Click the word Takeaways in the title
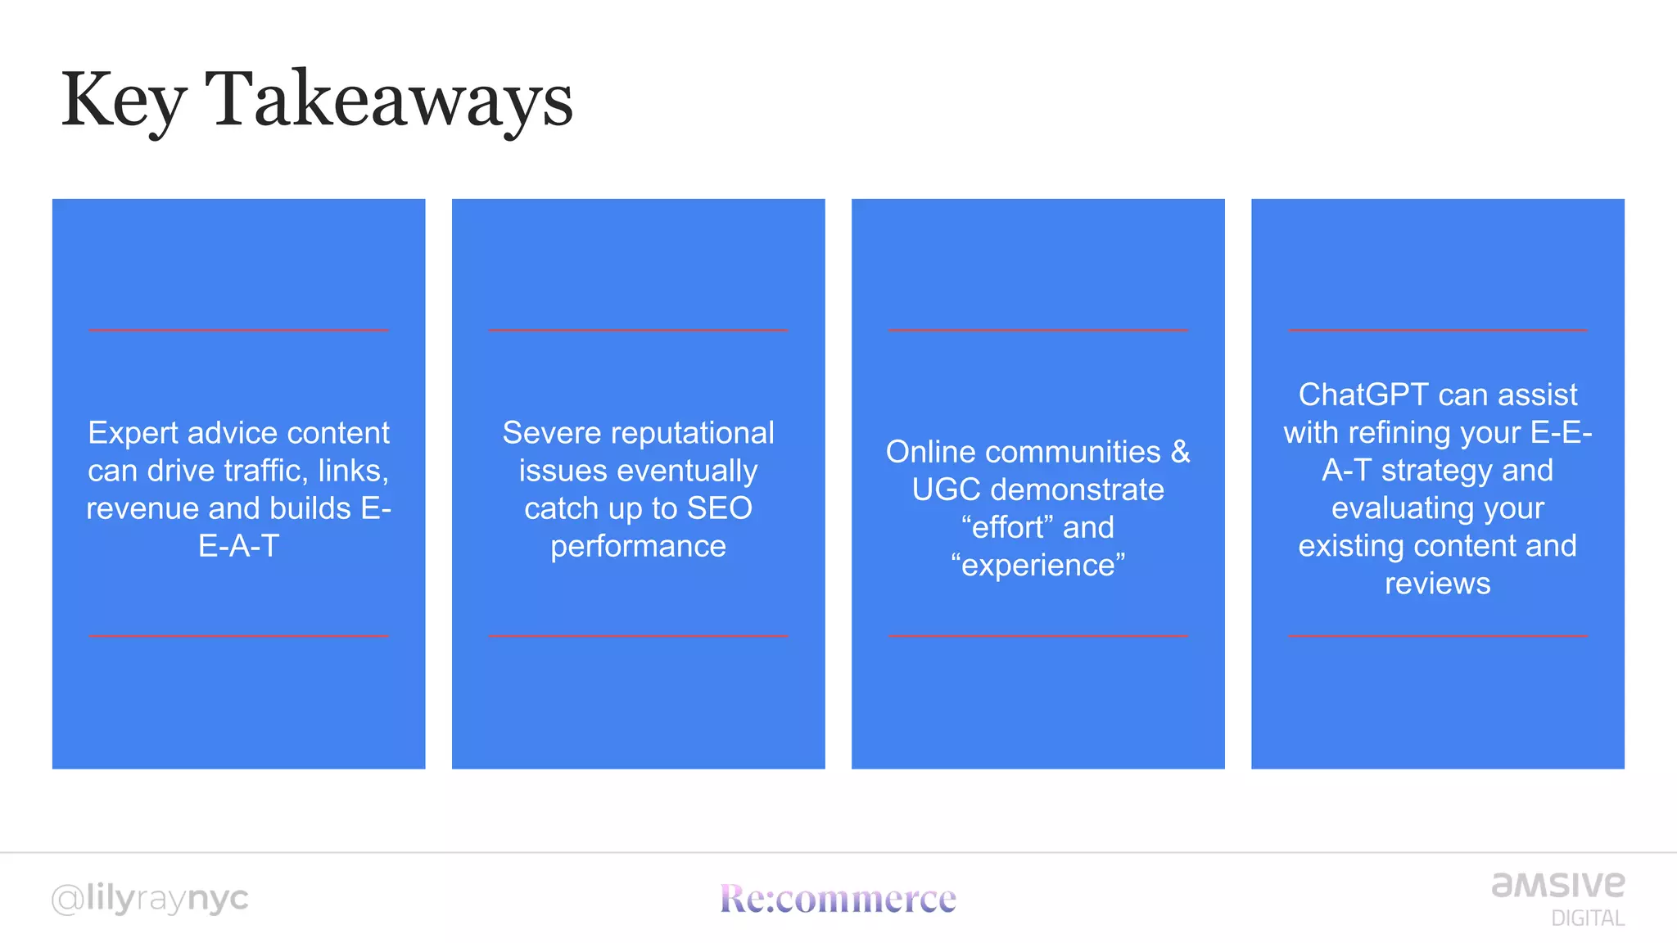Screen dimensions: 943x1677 click(x=389, y=99)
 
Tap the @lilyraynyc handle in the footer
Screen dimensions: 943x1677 click(x=149, y=899)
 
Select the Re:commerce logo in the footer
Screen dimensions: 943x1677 click(x=838, y=898)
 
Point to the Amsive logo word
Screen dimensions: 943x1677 click(x=1557, y=884)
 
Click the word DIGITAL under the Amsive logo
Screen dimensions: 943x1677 click(x=1587, y=918)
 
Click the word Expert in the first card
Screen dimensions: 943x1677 click(x=133, y=433)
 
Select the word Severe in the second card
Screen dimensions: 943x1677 click(x=548, y=433)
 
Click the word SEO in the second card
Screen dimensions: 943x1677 click(x=719, y=508)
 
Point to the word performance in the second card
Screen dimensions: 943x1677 click(x=638, y=546)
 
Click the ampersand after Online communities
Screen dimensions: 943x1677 click(x=1180, y=452)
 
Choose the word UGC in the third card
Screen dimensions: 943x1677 click(x=946, y=490)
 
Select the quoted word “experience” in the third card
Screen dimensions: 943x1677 click(x=1038, y=565)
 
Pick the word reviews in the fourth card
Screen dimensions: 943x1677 click(x=1437, y=584)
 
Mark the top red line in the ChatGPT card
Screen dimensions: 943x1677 click(x=1437, y=330)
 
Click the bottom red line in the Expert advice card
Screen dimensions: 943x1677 click(x=238, y=635)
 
